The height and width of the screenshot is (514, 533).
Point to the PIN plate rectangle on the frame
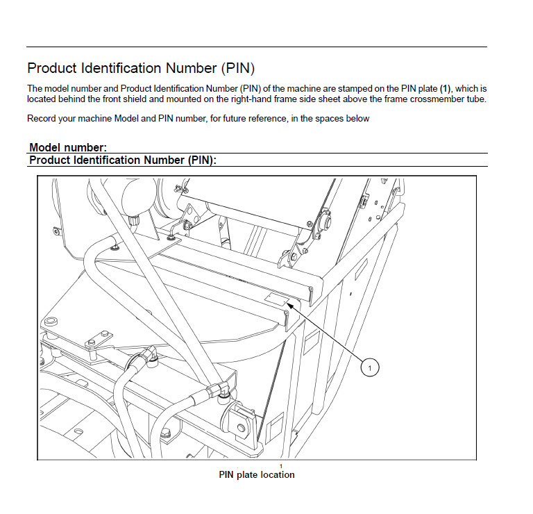276,299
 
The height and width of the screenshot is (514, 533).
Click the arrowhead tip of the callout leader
291,305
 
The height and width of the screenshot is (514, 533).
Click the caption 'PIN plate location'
257,475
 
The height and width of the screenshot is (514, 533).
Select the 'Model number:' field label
68,147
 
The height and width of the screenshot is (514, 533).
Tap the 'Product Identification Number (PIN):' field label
123,160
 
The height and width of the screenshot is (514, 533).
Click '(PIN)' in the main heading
238,68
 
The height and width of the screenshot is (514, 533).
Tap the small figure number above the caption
280,466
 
